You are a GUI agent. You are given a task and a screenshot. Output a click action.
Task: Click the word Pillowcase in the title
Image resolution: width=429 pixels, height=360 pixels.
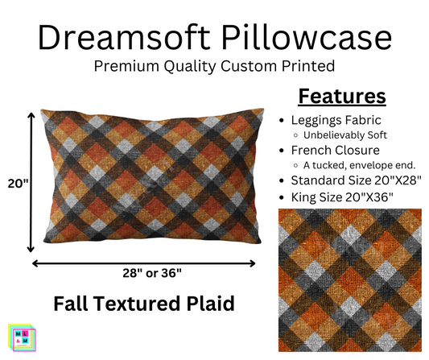[311, 38]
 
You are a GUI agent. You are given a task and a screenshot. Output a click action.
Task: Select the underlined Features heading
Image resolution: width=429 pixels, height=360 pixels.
[343, 97]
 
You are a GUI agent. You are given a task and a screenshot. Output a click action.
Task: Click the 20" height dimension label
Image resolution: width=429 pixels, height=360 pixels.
[16, 184]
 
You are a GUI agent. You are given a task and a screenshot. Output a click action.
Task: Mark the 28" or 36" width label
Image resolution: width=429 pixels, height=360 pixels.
[143, 271]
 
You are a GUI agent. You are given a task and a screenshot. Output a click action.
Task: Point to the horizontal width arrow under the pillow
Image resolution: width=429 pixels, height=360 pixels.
[143, 261]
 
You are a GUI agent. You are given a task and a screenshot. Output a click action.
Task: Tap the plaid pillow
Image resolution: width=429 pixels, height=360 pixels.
[145, 181]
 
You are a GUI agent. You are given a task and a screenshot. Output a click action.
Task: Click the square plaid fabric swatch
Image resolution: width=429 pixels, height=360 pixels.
[349, 279]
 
